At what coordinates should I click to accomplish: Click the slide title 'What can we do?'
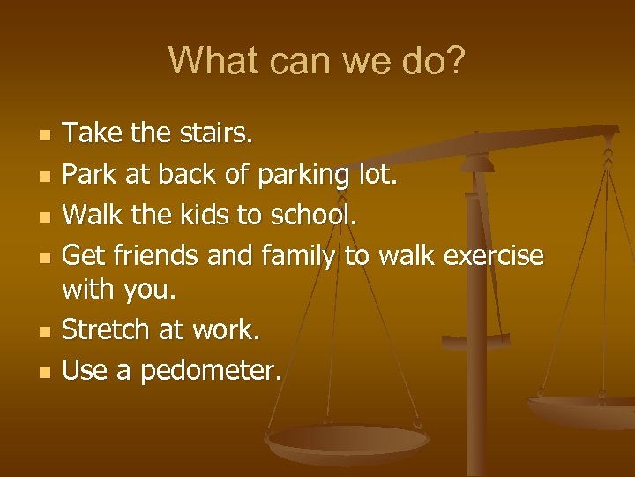[317, 61]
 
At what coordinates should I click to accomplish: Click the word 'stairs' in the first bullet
[217, 134]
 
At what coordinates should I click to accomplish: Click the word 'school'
[310, 216]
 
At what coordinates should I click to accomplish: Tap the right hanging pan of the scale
[582, 408]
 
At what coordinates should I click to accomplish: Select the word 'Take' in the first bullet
[93, 134]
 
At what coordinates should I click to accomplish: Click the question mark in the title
[454, 61]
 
